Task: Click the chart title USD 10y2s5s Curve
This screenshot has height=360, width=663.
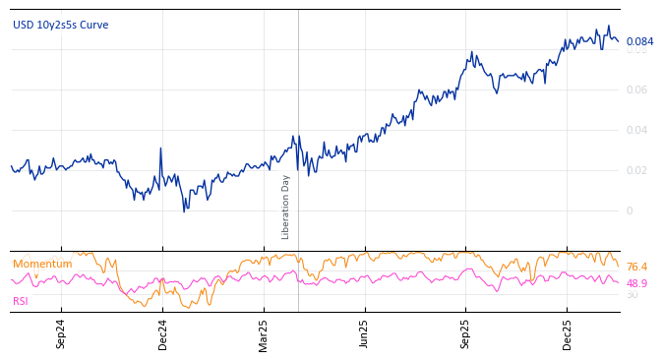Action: click(x=61, y=25)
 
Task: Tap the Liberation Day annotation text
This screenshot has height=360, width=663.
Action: click(x=286, y=207)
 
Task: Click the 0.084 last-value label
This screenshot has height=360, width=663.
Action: click(x=639, y=41)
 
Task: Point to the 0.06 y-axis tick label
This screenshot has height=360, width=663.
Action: click(x=636, y=90)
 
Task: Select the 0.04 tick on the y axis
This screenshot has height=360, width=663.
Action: click(x=636, y=130)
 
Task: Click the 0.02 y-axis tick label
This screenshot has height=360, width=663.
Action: click(x=636, y=170)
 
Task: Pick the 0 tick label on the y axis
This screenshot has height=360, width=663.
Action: click(x=631, y=210)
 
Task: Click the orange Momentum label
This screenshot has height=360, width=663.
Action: click(x=42, y=264)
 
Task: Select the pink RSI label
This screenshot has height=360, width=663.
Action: click(x=21, y=301)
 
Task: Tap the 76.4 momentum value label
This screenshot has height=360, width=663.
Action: click(x=636, y=268)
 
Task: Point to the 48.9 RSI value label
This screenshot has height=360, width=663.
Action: click(x=636, y=283)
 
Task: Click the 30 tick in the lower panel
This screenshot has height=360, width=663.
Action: click(x=632, y=294)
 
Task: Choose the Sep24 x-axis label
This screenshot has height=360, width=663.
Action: click(x=61, y=333)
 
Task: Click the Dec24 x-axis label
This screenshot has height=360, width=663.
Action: click(x=162, y=333)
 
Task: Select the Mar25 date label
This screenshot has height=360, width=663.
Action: click(x=264, y=333)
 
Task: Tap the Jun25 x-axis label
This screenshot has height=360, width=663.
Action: click(x=364, y=333)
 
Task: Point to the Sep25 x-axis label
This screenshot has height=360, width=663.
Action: click(x=465, y=333)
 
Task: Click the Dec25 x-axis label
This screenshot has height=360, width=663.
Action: click(x=567, y=333)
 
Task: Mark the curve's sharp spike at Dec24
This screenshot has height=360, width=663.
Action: click(x=160, y=149)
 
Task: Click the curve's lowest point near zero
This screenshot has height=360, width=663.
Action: click(x=184, y=210)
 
